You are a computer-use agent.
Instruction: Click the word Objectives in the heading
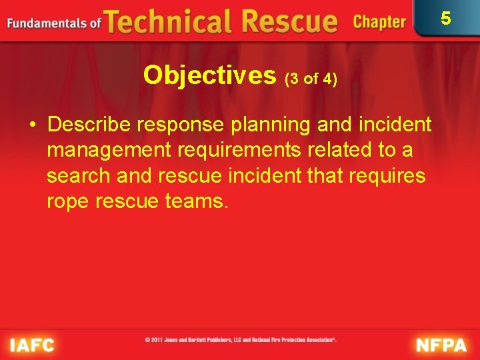pyautogui.click(x=209, y=75)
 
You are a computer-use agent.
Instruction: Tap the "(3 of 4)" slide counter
pyautogui.click(x=311, y=79)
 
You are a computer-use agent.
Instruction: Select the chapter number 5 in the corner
pyautogui.click(x=446, y=18)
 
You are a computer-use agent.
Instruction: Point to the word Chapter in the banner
pyautogui.click(x=379, y=22)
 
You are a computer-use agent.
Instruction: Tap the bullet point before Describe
pyautogui.click(x=32, y=125)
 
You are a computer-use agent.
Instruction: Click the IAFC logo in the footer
pyautogui.click(x=31, y=345)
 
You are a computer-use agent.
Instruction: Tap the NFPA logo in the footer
pyautogui.click(x=442, y=345)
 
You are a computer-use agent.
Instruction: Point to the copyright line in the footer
pyautogui.click(x=241, y=340)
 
